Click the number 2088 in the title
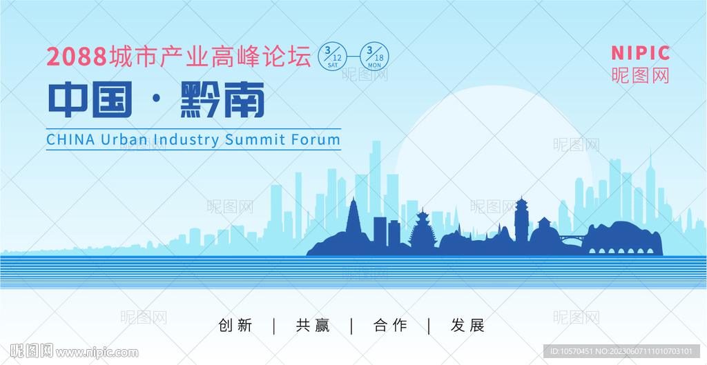click(76, 57)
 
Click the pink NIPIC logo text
click(640, 53)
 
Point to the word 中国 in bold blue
click(90, 99)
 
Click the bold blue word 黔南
click(222, 99)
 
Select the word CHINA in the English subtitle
click(71, 139)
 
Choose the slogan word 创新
click(235, 326)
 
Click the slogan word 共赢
click(313, 326)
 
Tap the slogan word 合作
click(391, 326)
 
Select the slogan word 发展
click(467, 326)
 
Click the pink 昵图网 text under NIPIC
click(640, 75)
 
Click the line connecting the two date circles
click(354, 57)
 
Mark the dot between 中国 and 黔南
click(157, 100)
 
